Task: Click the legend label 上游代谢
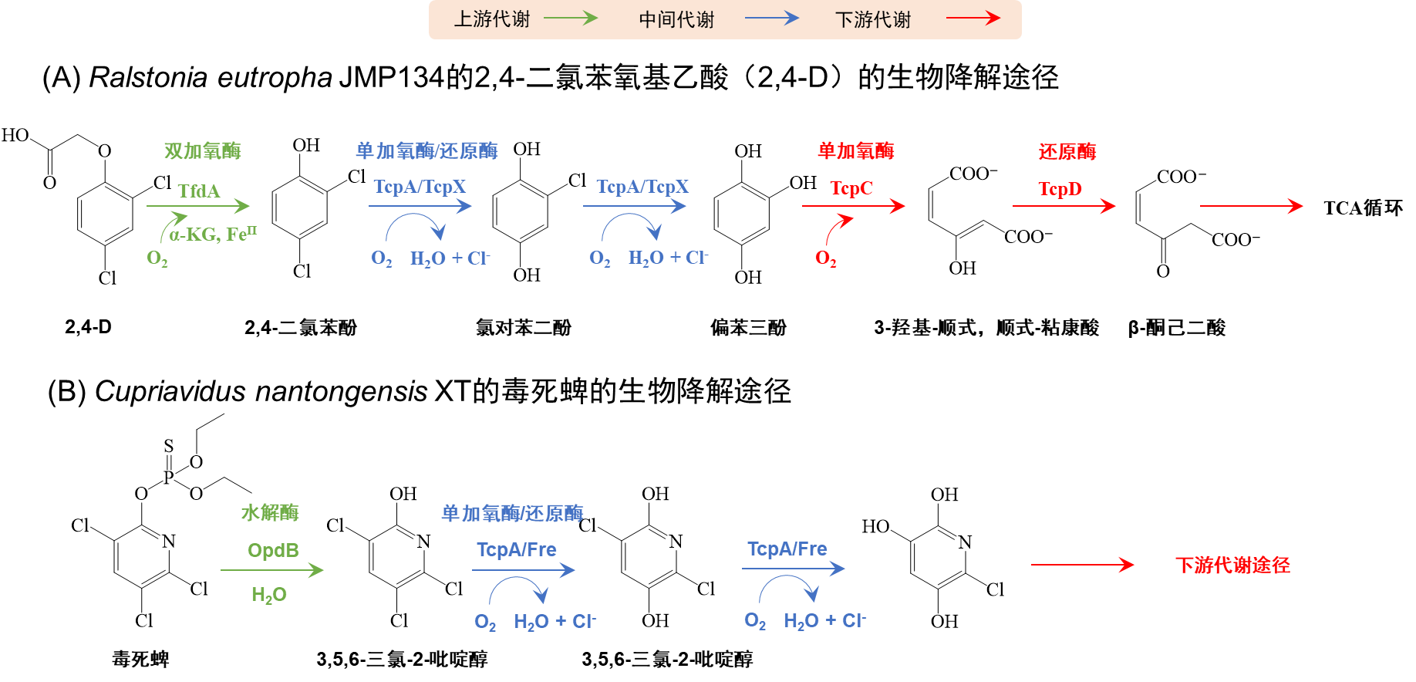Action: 492,19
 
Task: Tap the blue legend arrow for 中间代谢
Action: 771,18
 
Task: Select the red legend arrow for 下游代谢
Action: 973,18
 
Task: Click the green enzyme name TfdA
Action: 199,191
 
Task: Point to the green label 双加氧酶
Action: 203,150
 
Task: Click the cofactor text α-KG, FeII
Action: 214,234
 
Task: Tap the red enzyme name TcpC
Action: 851,188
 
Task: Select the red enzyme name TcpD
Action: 1060,189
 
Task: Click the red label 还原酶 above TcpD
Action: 1067,151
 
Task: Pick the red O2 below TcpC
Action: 825,258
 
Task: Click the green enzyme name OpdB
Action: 273,550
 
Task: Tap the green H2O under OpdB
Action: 269,595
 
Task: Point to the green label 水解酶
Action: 270,512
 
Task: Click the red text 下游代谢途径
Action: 1232,566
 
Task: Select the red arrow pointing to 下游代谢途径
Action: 1082,565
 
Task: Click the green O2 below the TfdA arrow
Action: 157,258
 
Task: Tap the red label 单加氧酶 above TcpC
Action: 856,150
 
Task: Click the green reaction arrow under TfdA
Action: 198,206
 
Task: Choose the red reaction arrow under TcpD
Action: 1064,206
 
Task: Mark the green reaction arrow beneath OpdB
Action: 271,570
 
